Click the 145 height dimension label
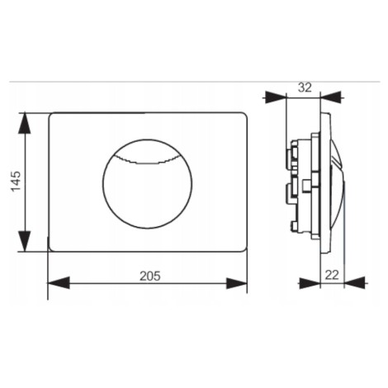16,182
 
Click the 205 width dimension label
150,276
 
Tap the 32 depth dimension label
305,88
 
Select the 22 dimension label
332,275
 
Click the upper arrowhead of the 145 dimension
24,123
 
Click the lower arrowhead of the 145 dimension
24,241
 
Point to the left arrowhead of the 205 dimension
59,283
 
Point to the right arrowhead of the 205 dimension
237,283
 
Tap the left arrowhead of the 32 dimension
276,97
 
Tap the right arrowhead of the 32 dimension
331,97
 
